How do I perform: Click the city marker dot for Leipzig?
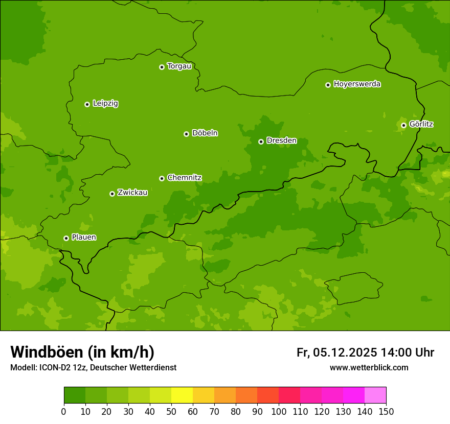click(x=87, y=104)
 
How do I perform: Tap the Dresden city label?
click(x=281, y=140)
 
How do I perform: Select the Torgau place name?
click(x=179, y=66)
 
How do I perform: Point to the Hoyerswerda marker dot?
click(x=328, y=85)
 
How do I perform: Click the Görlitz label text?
click(x=421, y=124)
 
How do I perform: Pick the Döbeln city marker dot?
click(x=186, y=134)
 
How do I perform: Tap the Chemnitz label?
click(x=184, y=178)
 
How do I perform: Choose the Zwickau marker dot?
click(x=112, y=194)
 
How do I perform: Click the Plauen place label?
click(x=84, y=238)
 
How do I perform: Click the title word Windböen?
click(x=47, y=352)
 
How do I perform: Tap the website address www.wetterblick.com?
click(x=369, y=368)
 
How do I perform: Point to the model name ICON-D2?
click(x=54, y=368)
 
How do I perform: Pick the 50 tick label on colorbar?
click(x=171, y=411)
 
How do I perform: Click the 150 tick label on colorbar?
click(x=386, y=411)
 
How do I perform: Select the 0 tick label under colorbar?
click(x=64, y=411)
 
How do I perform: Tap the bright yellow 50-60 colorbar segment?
click(x=182, y=395)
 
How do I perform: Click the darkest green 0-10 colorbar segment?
click(x=75, y=395)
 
